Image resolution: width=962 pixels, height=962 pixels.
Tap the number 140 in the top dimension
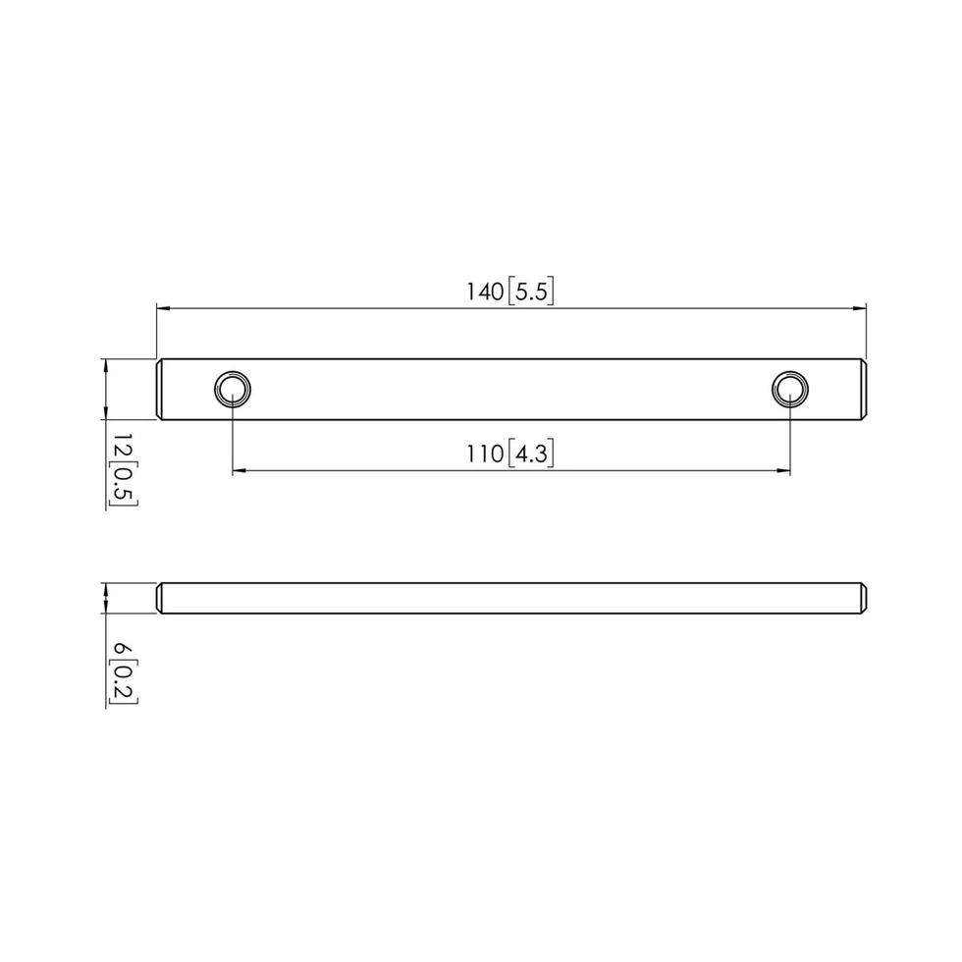click(485, 293)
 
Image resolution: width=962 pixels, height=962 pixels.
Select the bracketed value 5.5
click(531, 293)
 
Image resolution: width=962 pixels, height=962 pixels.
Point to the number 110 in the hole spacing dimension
click(485, 454)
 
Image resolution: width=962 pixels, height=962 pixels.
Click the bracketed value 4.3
click(531, 454)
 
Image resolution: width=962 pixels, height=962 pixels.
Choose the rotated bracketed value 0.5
click(123, 484)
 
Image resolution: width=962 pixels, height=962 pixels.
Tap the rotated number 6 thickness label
click(123, 649)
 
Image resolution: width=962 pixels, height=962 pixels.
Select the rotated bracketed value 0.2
click(123, 683)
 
